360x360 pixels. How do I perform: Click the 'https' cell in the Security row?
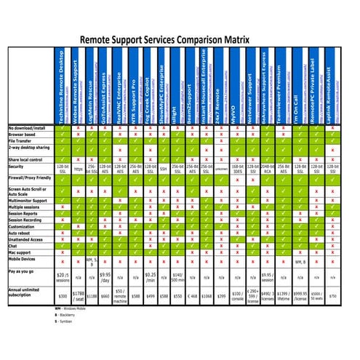point(78,168)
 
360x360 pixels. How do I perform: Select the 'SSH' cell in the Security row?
point(164,168)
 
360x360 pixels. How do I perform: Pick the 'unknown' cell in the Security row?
point(221,168)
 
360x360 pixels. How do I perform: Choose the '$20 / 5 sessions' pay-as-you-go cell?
point(63,276)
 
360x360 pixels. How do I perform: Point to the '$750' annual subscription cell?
point(333,296)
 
